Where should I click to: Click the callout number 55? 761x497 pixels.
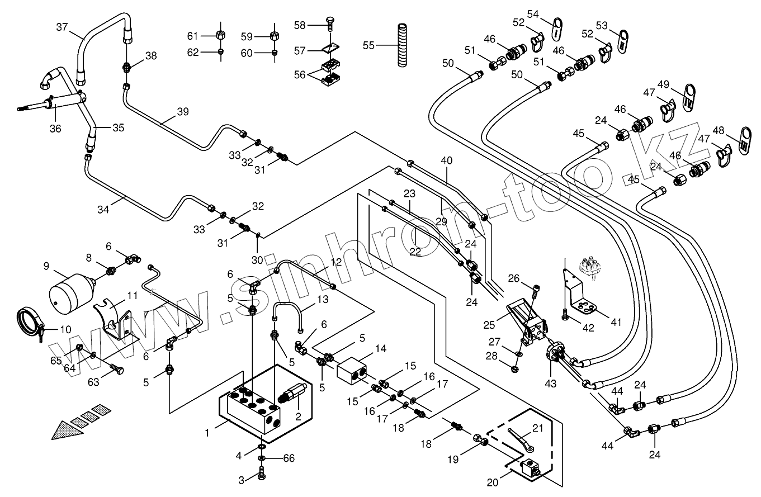[x=368, y=45]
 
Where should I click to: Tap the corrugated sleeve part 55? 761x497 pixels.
[x=403, y=45]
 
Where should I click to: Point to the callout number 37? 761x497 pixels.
[x=62, y=27]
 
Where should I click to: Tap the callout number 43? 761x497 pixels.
[x=550, y=384]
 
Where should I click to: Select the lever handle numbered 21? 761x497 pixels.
[x=522, y=441]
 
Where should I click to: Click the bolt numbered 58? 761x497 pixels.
[x=329, y=25]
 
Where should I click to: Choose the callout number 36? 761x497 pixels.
[x=55, y=129]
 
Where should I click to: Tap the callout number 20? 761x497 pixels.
[x=493, y=482]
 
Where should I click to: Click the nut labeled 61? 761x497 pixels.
[x=221, y=35]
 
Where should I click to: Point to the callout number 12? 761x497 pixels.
[x=335, y=262]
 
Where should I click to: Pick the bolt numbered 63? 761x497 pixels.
[x=116, y=370]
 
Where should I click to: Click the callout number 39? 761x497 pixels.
[x=183, y=111]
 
